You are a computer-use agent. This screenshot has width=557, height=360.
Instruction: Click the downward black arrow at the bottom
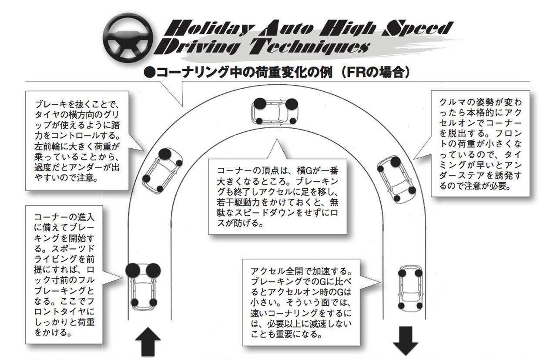pyautogui.click(x=405, y=342)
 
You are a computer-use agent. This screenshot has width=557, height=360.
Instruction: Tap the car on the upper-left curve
pyautogui.click(x=161, y=170)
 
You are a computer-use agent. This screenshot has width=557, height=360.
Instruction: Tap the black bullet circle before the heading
pyautogui.click(x=149, y=73)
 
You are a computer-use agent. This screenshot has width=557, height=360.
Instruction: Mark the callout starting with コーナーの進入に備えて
pyautogui.click(x=64, y=274)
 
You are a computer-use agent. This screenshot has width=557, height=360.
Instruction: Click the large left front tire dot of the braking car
pyautogui.click(x=133, y=270)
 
